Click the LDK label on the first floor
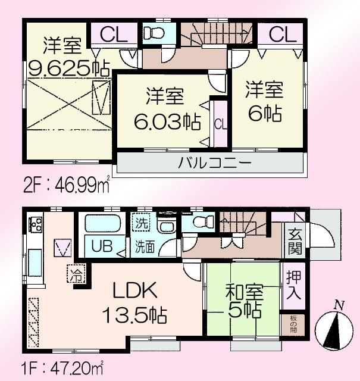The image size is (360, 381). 135,291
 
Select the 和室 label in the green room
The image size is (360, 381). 244,293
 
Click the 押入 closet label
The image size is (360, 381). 293,285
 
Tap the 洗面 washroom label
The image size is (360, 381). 143,245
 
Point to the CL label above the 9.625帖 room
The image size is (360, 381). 112,35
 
